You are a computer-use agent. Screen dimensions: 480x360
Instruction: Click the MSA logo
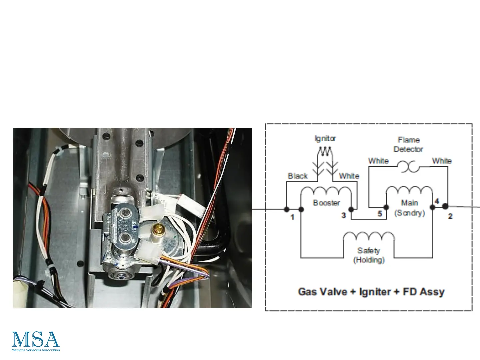(36, 341)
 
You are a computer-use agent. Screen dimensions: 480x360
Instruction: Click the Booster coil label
(326, 203)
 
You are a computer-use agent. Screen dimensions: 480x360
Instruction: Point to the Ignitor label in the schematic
(325, 138)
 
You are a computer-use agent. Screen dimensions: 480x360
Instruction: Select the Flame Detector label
(408, 144)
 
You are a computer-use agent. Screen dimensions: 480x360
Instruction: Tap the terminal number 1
(292, 217)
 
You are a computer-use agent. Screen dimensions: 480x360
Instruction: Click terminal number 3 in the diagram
(344, 216)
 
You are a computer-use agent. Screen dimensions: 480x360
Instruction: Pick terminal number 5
(380, 214)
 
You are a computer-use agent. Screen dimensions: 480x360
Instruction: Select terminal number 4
(437, 201)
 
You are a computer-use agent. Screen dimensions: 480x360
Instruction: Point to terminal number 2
(450, 216)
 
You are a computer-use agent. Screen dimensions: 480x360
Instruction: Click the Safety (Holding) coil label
(369, 255)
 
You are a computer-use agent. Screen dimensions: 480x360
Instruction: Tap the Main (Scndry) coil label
(409, 208)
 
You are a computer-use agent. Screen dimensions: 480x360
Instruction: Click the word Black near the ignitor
(298, 176)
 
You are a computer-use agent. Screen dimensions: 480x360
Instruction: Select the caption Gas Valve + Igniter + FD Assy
(371, 292)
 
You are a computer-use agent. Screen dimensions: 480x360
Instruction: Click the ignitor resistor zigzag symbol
(325, 152)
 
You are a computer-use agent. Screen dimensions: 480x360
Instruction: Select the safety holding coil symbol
(369, 237)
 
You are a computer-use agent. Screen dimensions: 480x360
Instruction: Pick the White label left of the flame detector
(378, 161)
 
